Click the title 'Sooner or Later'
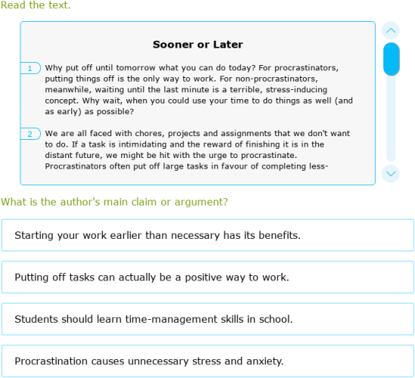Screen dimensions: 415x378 (x=198, y=45)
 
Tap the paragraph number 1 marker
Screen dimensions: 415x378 (x=30, y=69)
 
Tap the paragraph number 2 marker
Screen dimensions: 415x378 (x=30, y=134)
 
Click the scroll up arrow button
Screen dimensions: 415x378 (x=391, y=31)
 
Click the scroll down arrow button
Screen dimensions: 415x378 (x=391, y=173)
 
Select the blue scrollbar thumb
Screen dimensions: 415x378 (x=391, y=59)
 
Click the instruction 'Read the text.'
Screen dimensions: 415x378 (x=36, y=6)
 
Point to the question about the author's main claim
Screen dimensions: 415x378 (x=114, y=202)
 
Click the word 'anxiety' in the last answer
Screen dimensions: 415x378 (x=264, y=361)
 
